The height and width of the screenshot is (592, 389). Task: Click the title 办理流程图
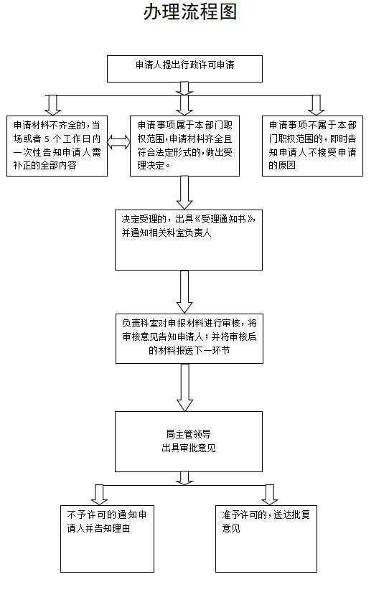tap(190, 12)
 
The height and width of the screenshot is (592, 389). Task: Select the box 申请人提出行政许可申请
tap(184, 69)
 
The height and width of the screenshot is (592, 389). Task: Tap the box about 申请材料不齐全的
tap(57, 146)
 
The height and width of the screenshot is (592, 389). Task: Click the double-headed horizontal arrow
tap(118, 143)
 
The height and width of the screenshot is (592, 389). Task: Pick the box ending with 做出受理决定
tap(184, 146)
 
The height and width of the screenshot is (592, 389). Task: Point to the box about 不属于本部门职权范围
tap(313, 146)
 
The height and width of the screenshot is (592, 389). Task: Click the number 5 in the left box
tap(47, 139)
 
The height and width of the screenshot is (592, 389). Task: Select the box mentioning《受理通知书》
tap(189, 240)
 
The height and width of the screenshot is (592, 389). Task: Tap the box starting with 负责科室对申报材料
tap(189, 339)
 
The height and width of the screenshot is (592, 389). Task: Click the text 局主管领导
tap(189, 434)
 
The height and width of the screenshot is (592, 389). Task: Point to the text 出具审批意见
tap(189, 448)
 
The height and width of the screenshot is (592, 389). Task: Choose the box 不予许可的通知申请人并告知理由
tap(107, 539)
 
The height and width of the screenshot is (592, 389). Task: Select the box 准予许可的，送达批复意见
tap(266, 539)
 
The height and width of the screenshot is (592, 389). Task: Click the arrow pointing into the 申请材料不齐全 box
tap(52, 105)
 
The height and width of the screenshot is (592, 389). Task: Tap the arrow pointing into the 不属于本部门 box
tap(316, 105)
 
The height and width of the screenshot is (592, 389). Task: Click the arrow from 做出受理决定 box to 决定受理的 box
tap(184, 192)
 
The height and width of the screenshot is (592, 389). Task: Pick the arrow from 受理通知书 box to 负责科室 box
tap(184, 292)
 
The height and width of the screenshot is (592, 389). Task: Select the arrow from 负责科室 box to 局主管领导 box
tap(184, 387)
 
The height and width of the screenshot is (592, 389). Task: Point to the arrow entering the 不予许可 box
tap(99, 495)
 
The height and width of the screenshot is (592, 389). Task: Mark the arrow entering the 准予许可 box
tap(269, 495)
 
